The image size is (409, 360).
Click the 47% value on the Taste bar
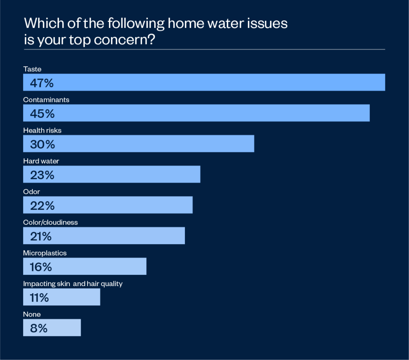pos(42,83)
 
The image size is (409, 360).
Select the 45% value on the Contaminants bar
pos(42,113)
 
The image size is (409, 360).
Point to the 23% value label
pos(42,175)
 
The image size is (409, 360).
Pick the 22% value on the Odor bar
pos(42,206)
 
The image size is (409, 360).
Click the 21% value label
pos(41,237)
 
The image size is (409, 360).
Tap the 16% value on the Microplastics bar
pos(41,267)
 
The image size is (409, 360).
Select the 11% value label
pos(39,298)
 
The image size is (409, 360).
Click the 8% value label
pos(38,328)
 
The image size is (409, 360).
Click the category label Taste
pos(32,69)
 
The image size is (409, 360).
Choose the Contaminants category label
pos(46,100)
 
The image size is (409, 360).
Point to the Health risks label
pos(42,130)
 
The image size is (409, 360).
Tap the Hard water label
pos(41,161)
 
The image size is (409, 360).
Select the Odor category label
pos(32,192)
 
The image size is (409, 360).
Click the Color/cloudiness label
pos(50,223)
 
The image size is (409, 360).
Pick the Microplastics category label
pos(45,253)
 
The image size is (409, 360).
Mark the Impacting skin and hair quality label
pos(73,284)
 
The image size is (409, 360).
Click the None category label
pos(32,314)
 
